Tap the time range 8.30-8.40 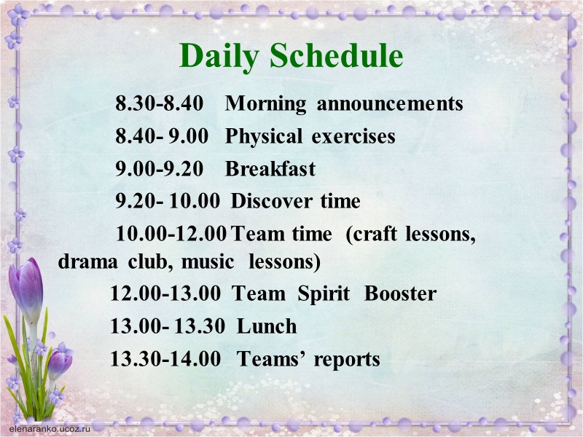[x=159, y=104]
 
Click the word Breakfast [x=270, y=170]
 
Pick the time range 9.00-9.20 [x=159, y=170]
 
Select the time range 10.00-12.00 [x=171, y=235]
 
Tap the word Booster [x=400, y=294]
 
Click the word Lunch [x=267, y=327]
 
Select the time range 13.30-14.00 [x=165, y=360]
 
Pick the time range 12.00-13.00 [x=165, y=294]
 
